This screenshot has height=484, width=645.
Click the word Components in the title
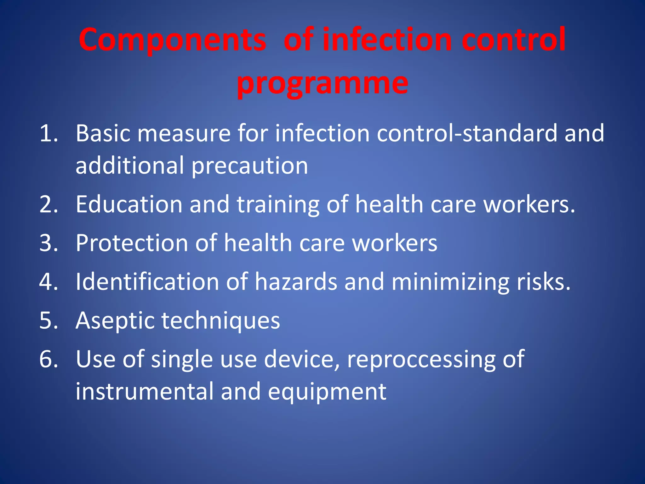(173, 40)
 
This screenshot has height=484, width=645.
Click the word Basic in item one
(103, 133)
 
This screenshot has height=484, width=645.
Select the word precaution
(250, 166)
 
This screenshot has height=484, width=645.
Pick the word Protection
(132, 243)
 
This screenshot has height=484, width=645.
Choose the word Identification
(147, 281)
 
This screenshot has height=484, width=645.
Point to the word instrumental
(144, 391)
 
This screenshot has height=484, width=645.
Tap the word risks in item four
(543, 281)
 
